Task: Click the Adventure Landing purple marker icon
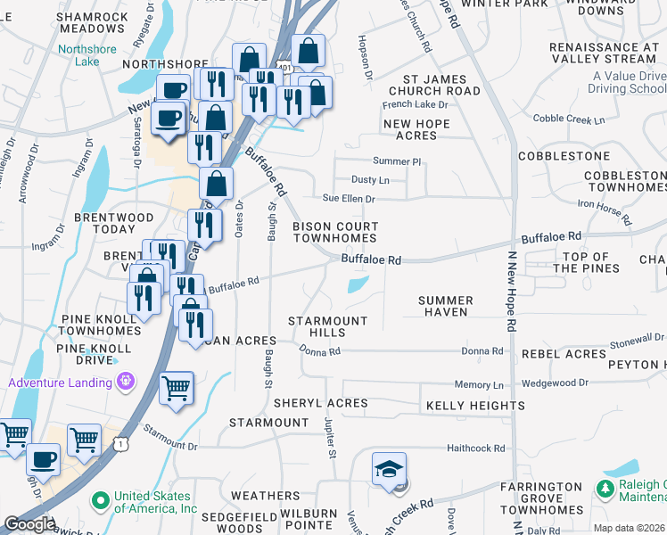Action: point(127,383)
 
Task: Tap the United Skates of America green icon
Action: point(103,498)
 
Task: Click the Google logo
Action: point(29,523)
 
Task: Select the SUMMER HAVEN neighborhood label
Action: point(456,307)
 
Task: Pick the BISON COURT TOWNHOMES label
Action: point(335,233)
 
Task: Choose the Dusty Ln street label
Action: point(370,180)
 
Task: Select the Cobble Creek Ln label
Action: point(568,119)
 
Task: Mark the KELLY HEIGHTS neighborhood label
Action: point(463,406)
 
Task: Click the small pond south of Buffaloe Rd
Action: point(357,285)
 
